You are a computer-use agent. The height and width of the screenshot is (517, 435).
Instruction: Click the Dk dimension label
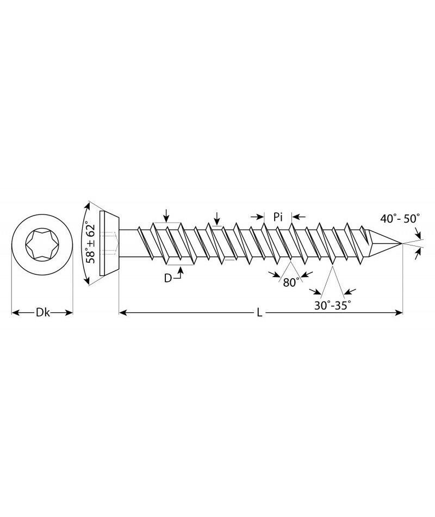coord(42,312)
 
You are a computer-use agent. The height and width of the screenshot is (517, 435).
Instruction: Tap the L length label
coord(259,313)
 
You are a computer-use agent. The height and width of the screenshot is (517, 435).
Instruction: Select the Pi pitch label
coord(278,217)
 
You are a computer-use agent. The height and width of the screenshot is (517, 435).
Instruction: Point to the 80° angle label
coord(292,282)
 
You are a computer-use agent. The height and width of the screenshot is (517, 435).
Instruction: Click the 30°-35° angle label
coord(332,305)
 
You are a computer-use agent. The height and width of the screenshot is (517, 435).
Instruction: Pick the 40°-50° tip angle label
coord(400,218)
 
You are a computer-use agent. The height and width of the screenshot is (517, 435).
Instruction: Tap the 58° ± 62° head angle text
coord(90,243)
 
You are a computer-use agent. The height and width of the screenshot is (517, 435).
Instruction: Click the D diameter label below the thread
coord(167,279)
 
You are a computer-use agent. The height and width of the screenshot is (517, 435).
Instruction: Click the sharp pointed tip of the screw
coord(402,243)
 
